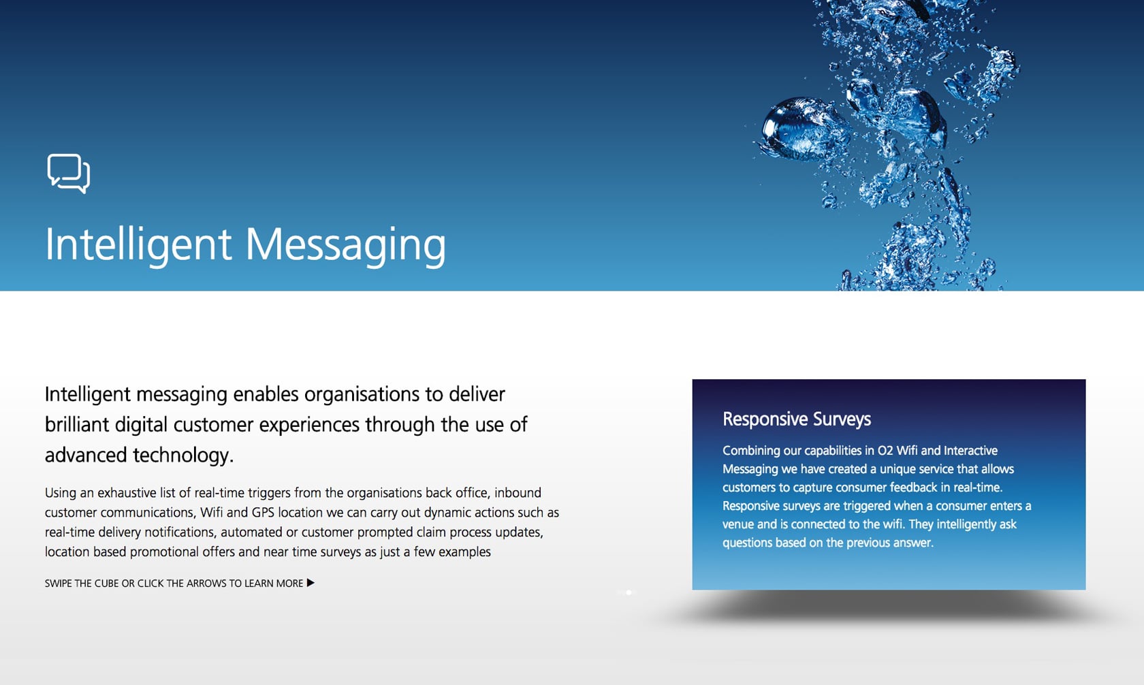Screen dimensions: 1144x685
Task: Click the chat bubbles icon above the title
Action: (68, 174)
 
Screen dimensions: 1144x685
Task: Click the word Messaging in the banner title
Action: (346, 245)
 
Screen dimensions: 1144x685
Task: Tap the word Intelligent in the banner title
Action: (138, 245)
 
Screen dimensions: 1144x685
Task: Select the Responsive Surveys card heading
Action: (797, 419)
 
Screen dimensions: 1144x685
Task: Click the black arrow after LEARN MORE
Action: (311, 583)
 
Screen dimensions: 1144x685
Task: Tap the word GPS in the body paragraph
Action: (263, 512)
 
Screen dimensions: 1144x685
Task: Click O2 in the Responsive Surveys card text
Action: (885, 451)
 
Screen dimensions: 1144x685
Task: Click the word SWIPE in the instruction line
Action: (58, 584)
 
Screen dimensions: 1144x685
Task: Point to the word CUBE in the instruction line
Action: (107, 584)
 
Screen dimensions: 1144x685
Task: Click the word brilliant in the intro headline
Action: (77, 425)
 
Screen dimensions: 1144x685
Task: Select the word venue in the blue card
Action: (738, 524)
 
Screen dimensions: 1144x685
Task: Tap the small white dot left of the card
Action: (629, 592)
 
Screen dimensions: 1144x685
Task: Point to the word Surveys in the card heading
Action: (842, 419)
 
